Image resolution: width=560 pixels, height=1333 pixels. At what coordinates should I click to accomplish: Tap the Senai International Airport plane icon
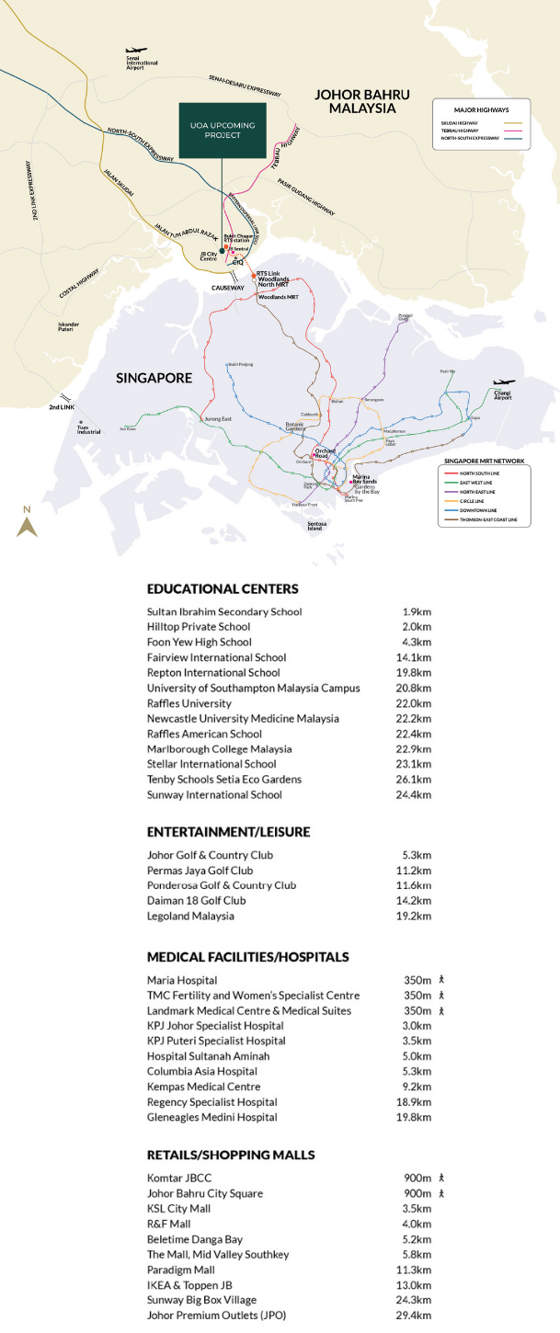(137, 51)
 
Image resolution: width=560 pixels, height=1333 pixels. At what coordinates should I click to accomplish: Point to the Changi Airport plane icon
(504, 382)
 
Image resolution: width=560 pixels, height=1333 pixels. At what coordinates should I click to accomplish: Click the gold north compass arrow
(27, 525)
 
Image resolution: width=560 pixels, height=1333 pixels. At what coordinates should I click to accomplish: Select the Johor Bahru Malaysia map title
(355, 101)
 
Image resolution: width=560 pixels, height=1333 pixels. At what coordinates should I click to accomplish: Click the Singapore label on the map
(154, 378)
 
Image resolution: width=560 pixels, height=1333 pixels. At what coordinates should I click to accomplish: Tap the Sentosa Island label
(316, 526)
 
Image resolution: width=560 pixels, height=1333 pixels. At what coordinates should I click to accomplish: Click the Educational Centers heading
(223, 588)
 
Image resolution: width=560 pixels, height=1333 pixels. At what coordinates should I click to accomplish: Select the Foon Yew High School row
(199, 642)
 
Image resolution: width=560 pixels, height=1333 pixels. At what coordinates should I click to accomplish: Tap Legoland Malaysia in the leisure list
(190, 916)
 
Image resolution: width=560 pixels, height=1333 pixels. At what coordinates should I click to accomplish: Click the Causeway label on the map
(229, 288)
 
